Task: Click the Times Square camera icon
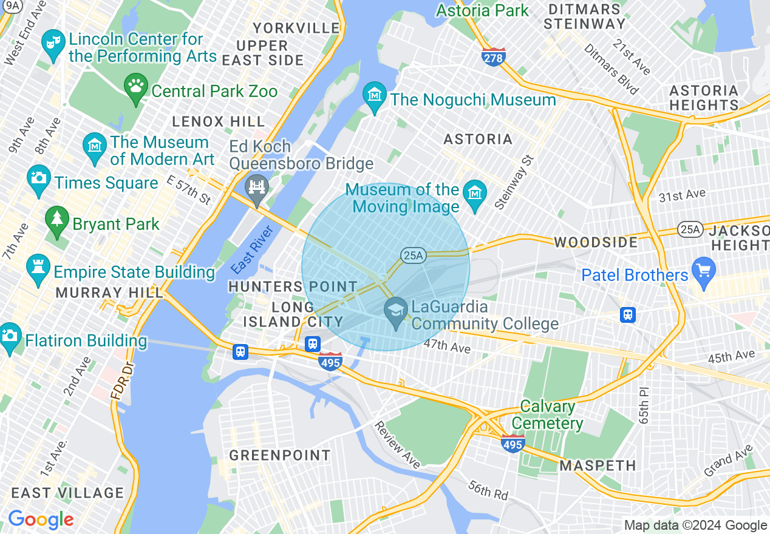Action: [39, 178]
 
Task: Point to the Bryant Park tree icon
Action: [57, 219]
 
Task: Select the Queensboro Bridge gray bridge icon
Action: [257, 187]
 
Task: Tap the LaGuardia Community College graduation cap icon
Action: [396, 311]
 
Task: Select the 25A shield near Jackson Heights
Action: [688, 229]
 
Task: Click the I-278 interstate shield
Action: [494, 57]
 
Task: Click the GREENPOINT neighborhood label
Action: [280, 455]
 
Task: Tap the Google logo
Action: [41, 519]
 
